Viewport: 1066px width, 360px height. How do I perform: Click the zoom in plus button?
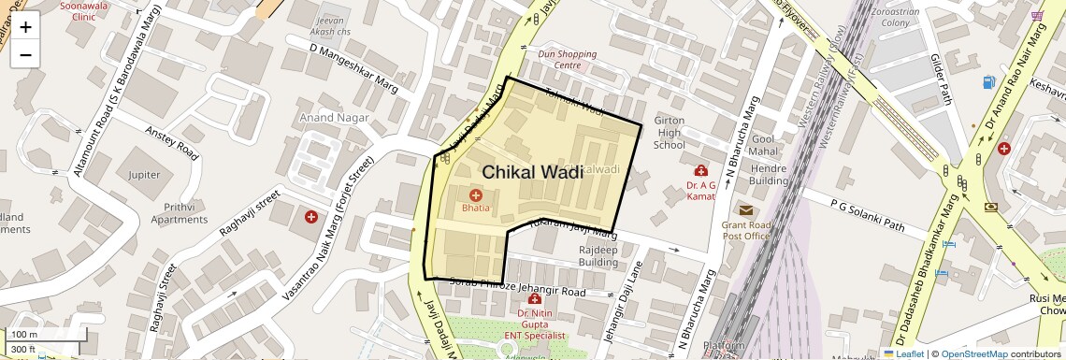[25, 27]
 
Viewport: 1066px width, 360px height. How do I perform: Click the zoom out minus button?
[25, 54]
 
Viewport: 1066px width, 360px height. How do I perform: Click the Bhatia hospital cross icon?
[476, 195]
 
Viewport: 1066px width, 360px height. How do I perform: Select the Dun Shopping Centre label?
[567, 60]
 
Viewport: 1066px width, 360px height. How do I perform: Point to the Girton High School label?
[669, 133]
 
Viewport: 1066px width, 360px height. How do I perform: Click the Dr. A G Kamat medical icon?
[700, 170]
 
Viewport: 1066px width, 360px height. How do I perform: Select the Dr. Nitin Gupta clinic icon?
[534, 299]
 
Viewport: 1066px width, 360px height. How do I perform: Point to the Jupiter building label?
[145, 175]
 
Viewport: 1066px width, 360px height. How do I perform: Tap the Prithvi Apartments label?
[172, 212]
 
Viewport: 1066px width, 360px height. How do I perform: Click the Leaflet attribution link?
[903, 353]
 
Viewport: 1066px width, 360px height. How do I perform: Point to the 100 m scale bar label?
[24, 334]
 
